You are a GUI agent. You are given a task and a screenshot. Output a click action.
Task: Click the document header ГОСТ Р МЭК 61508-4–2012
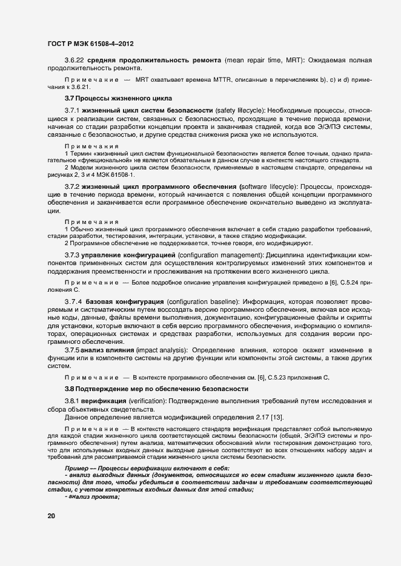tap(90, 44)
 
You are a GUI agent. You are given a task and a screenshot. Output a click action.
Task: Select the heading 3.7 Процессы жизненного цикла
tap(118, 98)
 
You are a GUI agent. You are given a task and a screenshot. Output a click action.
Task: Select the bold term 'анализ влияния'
tap(106, 351)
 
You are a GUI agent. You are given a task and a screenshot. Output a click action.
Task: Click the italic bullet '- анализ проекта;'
tap(92, 497)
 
